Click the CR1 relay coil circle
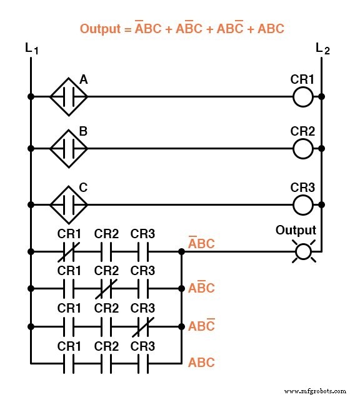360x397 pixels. coord(303,97)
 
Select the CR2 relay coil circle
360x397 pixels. coord(303,149)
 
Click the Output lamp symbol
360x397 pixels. coord(303,252)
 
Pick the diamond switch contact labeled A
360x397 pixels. coord(69,97)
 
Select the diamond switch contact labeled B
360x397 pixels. coord(69,149)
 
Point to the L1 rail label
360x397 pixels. coord(32,48)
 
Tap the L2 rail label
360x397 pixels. coord(322,48)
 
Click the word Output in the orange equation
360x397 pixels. coord(101,28)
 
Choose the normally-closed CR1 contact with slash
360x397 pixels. coord(69,252)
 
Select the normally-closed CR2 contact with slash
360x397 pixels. coord(106,288)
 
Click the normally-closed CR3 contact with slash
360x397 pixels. coord(142,326)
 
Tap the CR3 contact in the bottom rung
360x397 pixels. coord(142,363)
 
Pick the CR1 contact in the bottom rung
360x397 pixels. coord(69,363)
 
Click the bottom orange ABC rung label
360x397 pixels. coord(201,363)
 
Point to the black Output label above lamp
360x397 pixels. coord(296,231)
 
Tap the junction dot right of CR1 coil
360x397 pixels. coord(321,97)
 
